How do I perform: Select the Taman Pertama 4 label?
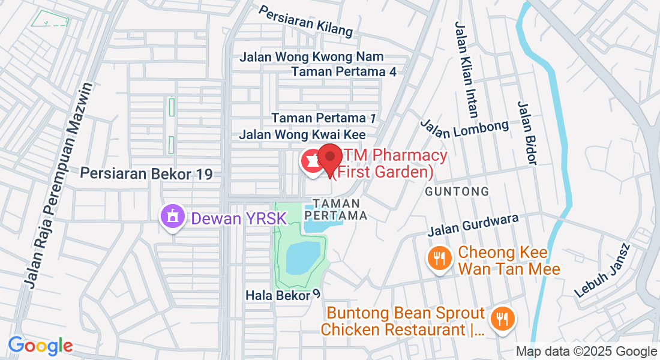(x=344, y=72)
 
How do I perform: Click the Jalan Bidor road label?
(x=526, y=133)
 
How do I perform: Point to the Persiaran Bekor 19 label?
(x=146, y=174)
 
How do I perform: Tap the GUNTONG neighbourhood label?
(x=457, y=191)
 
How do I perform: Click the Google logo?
(x=40, y=346)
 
